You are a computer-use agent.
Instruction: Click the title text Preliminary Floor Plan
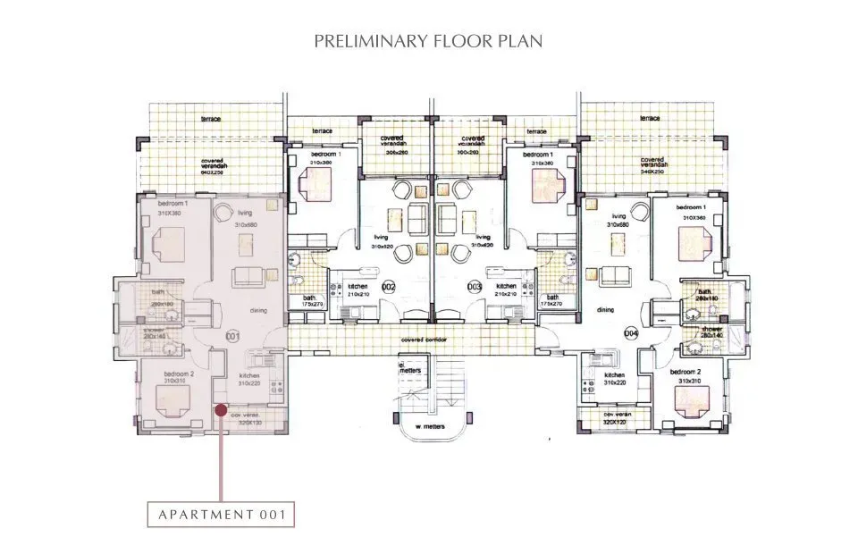click(429, 41)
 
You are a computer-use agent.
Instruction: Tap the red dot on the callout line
click(220, 410)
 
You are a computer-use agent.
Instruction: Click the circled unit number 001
click(233, 336)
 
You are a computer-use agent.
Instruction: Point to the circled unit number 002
click(389, 287)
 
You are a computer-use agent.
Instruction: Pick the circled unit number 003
click(475, 287)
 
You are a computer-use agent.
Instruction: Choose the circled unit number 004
click(631, 332)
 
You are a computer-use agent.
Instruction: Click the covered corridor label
click(425, 340)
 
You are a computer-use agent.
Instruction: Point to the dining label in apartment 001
click(258, 310)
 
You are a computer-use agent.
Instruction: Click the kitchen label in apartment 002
click(357, 286)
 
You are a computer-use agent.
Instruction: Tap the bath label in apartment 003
click(552, 297)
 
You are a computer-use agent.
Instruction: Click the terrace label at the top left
click(211, 118)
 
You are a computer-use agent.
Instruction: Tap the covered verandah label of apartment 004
click(652, 165)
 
